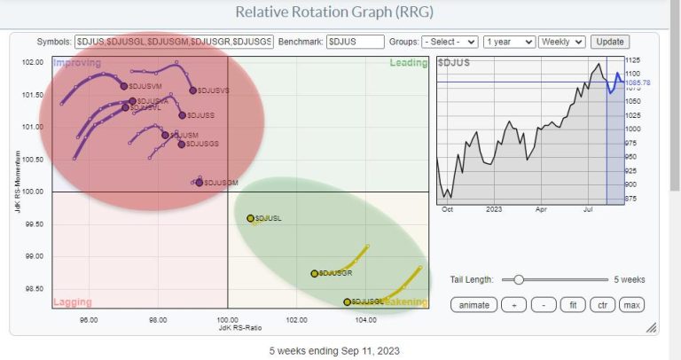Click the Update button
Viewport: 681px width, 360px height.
click(x=610, y=42)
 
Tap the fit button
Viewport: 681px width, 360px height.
click(x=573, y=305)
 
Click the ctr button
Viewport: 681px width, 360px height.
click(x=602, y=305)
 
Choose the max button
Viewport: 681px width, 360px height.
click(x=631, y=305)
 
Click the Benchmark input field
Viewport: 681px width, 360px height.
click(x=355, y=42)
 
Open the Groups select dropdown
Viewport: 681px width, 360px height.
click(x=450, y=42)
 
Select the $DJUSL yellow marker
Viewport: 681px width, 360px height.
click(x=250, y=218)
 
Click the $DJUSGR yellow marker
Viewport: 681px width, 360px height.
click(x=315, y=273)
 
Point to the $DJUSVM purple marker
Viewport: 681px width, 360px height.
click(x=124, y=86)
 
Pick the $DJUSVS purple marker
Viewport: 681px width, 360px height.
click(x=192, y=90)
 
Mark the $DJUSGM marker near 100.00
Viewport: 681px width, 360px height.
click(x=200, y=182)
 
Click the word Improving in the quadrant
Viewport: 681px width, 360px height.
click(x=75, y=63)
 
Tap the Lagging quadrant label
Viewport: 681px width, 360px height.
click(x=73, y=302)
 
